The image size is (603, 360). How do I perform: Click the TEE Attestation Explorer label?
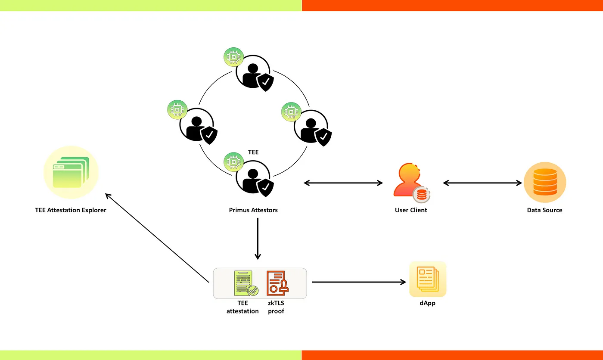pyautogui.click(x=71, y=210)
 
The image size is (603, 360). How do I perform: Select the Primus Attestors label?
pyautogui.click(x=253, y=210)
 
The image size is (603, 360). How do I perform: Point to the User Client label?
pyautogui.click(x=411, y=210)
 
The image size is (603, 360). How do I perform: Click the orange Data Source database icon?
pyautogui.click(x=544, y=183)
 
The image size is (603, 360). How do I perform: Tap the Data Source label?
pyautogui.click(x=544, y=210)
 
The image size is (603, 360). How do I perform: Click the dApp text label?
pyautogui.click(x=428, y=303)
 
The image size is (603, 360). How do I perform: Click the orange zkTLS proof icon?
pyautogui.click(x=277, y=282)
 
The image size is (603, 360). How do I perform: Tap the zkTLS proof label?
pyautogui.click(x=276, y=307)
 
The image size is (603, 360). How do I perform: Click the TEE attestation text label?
pyautogui.click(x=242, y=307)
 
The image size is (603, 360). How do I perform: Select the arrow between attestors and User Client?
pyautogui.click(x=343, y=183)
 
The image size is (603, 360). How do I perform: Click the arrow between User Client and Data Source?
pyautogui.click(x=482, y=183)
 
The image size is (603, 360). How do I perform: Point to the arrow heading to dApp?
pyautogui.click(x=359, y=282)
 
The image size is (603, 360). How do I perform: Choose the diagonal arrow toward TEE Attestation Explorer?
pyautogui.click(x=157, y=237)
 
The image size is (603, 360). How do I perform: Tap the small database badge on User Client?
pyautogui.click(x=422, y=195)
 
